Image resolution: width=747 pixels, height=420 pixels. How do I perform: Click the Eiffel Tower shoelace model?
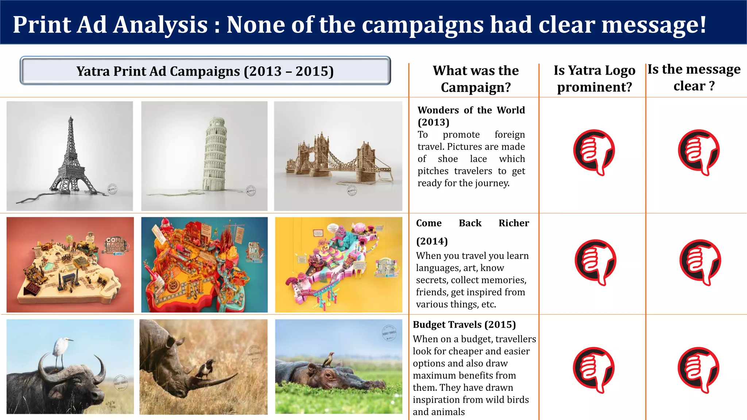coord(70,157)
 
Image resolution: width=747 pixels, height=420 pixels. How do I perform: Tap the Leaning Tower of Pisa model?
coord(215,153)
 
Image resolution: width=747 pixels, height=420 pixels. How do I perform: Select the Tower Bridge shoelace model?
coord(337,159)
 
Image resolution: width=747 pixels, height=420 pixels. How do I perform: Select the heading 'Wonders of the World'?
coord(471,110)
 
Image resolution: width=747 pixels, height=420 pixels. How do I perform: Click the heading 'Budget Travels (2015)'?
coord(464,324)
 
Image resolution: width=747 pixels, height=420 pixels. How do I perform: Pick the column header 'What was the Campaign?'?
coord(475,79)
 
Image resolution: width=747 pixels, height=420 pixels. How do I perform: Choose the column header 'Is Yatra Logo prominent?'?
coord(594,78)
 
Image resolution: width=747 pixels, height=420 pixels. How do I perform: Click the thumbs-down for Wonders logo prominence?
coord(594,152)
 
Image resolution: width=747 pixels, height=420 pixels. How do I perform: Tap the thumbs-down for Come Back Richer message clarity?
coord(700,262)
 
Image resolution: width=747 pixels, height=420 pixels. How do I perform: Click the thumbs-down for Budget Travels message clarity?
coord(698,369)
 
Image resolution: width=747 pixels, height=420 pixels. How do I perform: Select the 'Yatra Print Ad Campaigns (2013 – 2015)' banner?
coord(205,71)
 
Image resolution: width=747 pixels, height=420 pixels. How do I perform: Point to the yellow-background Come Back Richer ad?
coord(338,265)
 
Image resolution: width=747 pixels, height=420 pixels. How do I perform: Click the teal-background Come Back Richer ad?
coord(204,265)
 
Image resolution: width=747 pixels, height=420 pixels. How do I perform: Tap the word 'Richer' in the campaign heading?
coord(514,223)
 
